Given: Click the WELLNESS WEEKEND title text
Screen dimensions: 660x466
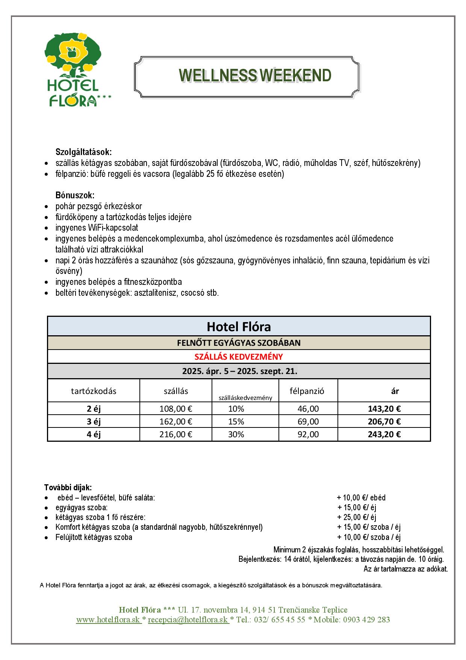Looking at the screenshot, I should (x=255, y=76).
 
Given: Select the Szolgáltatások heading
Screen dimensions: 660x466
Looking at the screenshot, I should (x=84, y=152).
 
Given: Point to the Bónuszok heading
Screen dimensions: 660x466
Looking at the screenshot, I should (x=75, y=195).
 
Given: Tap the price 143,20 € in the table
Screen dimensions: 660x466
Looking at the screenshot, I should (x=384, y=409).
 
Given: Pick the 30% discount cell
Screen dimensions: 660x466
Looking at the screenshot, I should (x=236, y=434).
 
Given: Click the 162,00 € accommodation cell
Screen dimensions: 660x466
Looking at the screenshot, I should (x=176, y=421).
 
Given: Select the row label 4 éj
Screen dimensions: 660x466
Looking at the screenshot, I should (x=94, y=434).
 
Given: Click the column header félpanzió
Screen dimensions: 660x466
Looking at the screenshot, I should (x=307, y=391).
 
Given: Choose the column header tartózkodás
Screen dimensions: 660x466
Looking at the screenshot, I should (x=94, y=391).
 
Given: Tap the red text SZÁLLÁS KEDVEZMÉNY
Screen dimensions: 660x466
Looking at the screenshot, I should (x=239, y=357).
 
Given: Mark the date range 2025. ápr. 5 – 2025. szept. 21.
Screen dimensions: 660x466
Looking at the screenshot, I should (x=239, y=371).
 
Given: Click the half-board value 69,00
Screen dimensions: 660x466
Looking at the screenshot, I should (x=308, y=421).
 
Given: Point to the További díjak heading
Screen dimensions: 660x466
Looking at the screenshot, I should (x=68, y=487).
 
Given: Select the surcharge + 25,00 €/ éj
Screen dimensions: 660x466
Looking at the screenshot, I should (x=357, y=517).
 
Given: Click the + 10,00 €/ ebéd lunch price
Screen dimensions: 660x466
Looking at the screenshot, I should (x=361, y=497).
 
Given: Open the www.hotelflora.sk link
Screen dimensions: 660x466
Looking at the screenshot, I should (x=108, y=620).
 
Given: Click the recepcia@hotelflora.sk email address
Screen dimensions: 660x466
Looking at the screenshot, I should (x=188, y=620).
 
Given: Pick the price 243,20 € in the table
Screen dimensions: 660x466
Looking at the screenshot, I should (x=384, y=434).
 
